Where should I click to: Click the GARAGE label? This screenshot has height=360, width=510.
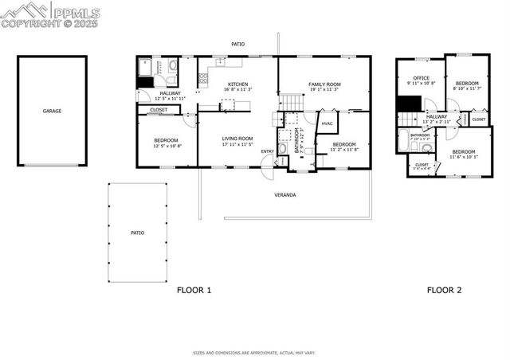[x=52, y=111]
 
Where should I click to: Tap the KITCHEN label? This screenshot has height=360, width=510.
[x=238, y=84]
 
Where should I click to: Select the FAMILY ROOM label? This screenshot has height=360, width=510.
[x=324, y=84]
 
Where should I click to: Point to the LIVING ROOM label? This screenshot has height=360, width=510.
[x=237, y=139]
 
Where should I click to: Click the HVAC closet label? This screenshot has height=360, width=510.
[x=327, y=123]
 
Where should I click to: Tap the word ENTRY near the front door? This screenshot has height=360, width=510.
[x=267, y=151]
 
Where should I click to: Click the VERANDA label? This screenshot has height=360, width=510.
[x=285, y=194]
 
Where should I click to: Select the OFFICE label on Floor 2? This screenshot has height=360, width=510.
[x=421, y=77]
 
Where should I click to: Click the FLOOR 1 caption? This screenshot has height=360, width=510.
[x=194, y=291]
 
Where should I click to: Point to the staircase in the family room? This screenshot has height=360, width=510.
[x=292, y=103]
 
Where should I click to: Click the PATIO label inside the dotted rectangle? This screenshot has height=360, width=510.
[x=137, y=233]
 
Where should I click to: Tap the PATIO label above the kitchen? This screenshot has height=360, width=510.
[x=237, y=45]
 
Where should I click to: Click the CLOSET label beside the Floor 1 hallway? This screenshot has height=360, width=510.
[x=159, y=110]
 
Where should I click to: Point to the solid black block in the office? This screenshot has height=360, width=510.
[x=410, y=104]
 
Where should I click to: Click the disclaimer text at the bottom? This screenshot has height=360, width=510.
[x=254, y=352]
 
